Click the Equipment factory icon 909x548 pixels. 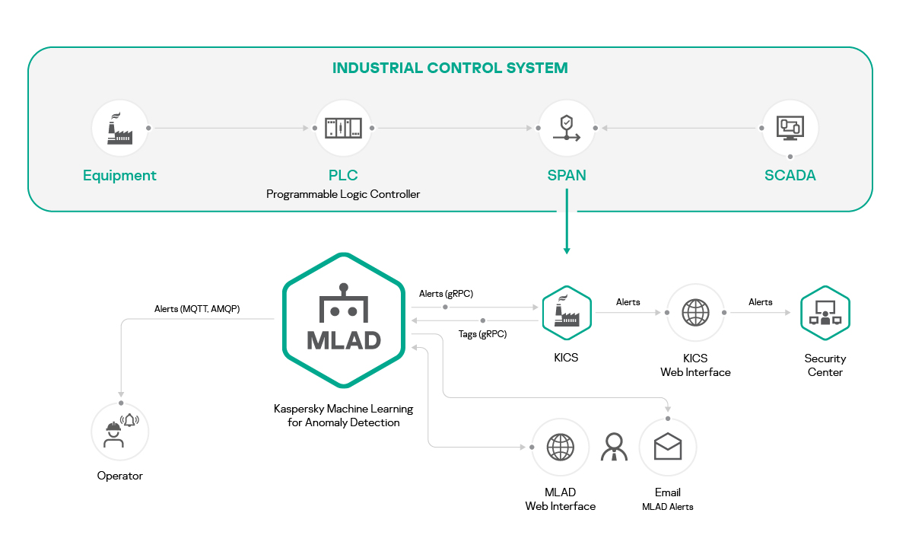click(119, 128)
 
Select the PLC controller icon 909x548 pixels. click(343, 128)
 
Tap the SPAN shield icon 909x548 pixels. click(567, 128)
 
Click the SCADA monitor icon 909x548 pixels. click(790, 128)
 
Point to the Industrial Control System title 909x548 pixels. click(450, 68)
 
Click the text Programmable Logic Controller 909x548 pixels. click(343, 194)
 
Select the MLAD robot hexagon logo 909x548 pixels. click(344, 320)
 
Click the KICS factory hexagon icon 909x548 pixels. click(567, 313)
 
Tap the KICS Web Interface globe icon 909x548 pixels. click(695, 313)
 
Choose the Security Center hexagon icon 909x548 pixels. click(825, 313)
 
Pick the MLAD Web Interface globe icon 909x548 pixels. click(560, 447)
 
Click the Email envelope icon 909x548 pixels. click(668, 447)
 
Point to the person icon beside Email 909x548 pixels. click(614, 447)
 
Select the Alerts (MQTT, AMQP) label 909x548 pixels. click(197, 309)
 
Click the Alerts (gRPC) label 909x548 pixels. click(446, 294)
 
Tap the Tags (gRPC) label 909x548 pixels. click(482, 334)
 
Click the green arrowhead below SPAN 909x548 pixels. click(567, 250)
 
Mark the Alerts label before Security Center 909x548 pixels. click(760, 302)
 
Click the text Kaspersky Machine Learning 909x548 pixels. click(343, 409)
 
